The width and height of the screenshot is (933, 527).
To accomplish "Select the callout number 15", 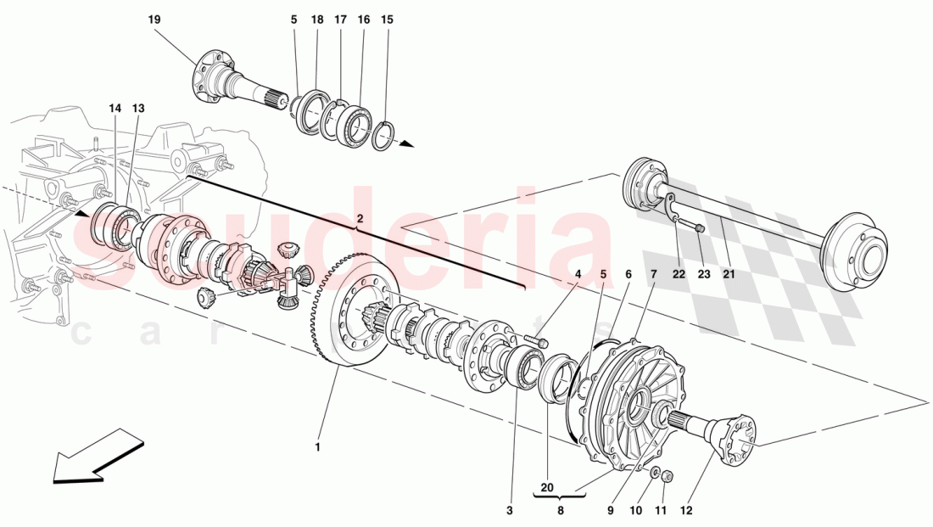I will tap(387, 19).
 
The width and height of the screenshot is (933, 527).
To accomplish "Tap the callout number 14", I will tap(115, 108).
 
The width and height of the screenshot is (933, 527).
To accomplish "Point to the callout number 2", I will tap(360, 219).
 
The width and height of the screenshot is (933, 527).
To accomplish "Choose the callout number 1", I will tap(317, 446).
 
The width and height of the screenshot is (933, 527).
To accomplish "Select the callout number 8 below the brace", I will tap(560, 511).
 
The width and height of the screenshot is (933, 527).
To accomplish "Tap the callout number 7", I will tap(653, 273).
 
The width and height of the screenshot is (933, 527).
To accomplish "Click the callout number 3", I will tap(510, 510).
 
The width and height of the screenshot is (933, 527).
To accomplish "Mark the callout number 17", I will tap(340, 19).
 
